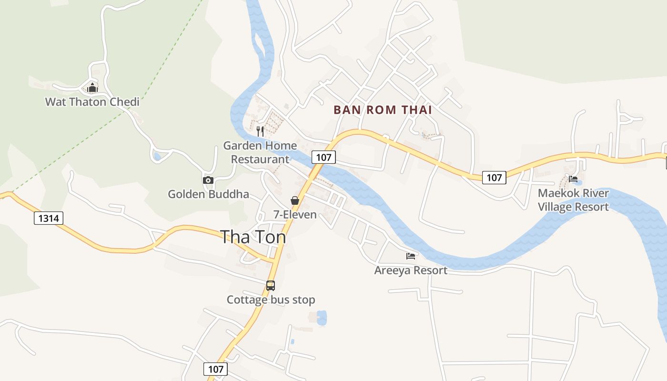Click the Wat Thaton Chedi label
point(92,101)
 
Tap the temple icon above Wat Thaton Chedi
point(92,88)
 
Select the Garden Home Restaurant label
point(260,152)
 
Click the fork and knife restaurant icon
point(260,131)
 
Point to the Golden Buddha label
point(208,194)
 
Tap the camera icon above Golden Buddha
point(208,180)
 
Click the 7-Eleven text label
point(295,214)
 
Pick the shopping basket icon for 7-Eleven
point(295,201)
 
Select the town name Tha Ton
point(253,237)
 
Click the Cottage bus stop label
point(271,300)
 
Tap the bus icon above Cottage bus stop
point(271,286)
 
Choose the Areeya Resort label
point(411,271)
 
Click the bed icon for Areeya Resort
point(411,256)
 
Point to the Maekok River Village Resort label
point(573,200)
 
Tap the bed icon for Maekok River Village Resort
point(573,179)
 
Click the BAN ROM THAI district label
point(383,110)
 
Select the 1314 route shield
point(49,218)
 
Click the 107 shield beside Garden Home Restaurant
point(323,157)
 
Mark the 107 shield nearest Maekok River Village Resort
point(494,178)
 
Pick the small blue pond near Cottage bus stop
point(322,318)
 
